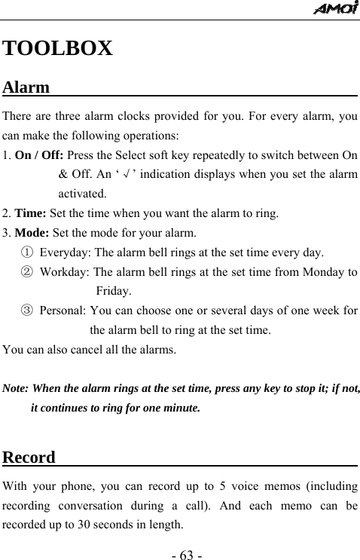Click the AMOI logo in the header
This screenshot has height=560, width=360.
[x=336, y=9]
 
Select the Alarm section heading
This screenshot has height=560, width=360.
[x=26, y=87]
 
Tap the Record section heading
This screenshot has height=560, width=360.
[x=29, y=457]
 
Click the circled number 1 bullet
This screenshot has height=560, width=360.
[x=26, y=252]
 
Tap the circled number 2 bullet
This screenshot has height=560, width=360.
[x=26, y=271]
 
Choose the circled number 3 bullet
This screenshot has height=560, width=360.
[x=26, y=311]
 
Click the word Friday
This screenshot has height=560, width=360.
[x=114, y=291]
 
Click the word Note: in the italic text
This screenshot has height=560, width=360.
[x=17, y=390]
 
